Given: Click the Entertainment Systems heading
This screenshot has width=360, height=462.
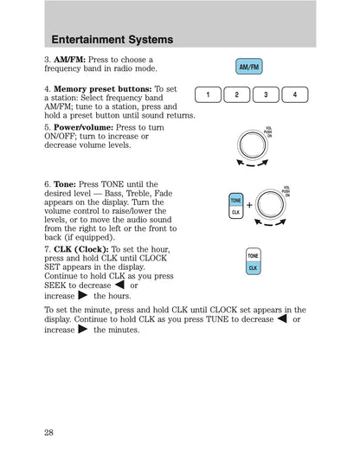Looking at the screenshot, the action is tap(112, 40).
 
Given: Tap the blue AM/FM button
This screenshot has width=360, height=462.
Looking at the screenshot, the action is tap(249, 67).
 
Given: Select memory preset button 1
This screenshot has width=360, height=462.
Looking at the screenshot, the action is tap(208, 94).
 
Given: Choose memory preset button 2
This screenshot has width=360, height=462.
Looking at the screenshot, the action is tap(237, 94).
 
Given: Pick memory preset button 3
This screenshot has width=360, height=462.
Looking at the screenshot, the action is tap(266, 94).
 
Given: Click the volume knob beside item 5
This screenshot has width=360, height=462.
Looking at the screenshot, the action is tap(252, 145).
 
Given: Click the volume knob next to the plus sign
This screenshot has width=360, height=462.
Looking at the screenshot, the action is tap(270, 204).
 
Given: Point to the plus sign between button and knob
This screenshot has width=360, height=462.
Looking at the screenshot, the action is tap(249, 205).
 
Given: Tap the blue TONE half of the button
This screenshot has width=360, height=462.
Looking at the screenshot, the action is tap(236, 200).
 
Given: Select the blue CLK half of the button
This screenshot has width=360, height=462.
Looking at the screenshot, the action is tap(253, 268).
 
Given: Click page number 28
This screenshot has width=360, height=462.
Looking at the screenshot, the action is tap(48, 433).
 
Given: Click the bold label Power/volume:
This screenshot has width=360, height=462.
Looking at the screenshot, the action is tap(83, 127).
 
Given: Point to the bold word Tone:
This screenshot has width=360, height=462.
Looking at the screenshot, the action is tap(65, 184).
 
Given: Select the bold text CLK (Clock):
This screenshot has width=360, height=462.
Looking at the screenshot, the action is tap(81, 249).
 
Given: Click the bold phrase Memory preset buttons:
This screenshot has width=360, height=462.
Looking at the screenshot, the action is tap(103, 89).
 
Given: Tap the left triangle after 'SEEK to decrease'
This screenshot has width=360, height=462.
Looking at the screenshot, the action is tap(119, 285).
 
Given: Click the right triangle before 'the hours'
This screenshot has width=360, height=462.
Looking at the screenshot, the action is tap(83, 295).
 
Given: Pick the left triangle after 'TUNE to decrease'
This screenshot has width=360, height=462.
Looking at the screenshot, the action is tap(282, 318).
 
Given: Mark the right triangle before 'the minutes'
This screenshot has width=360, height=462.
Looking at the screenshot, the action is tap(83, 329).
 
